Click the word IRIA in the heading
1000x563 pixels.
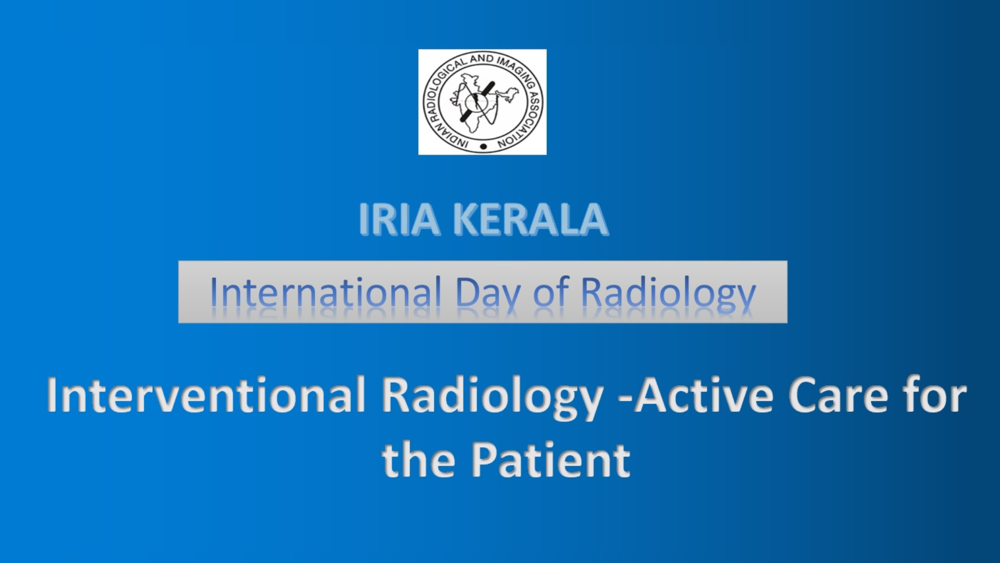tap(399, 219)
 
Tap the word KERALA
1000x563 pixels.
tap(531, 219)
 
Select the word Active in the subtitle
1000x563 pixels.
tap(703, 395)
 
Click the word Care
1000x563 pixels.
tap(839, 395)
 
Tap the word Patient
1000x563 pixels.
tap(551, 460)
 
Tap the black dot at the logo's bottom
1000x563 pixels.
tap(483, 146)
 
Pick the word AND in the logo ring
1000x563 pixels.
tap(481, 59)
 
